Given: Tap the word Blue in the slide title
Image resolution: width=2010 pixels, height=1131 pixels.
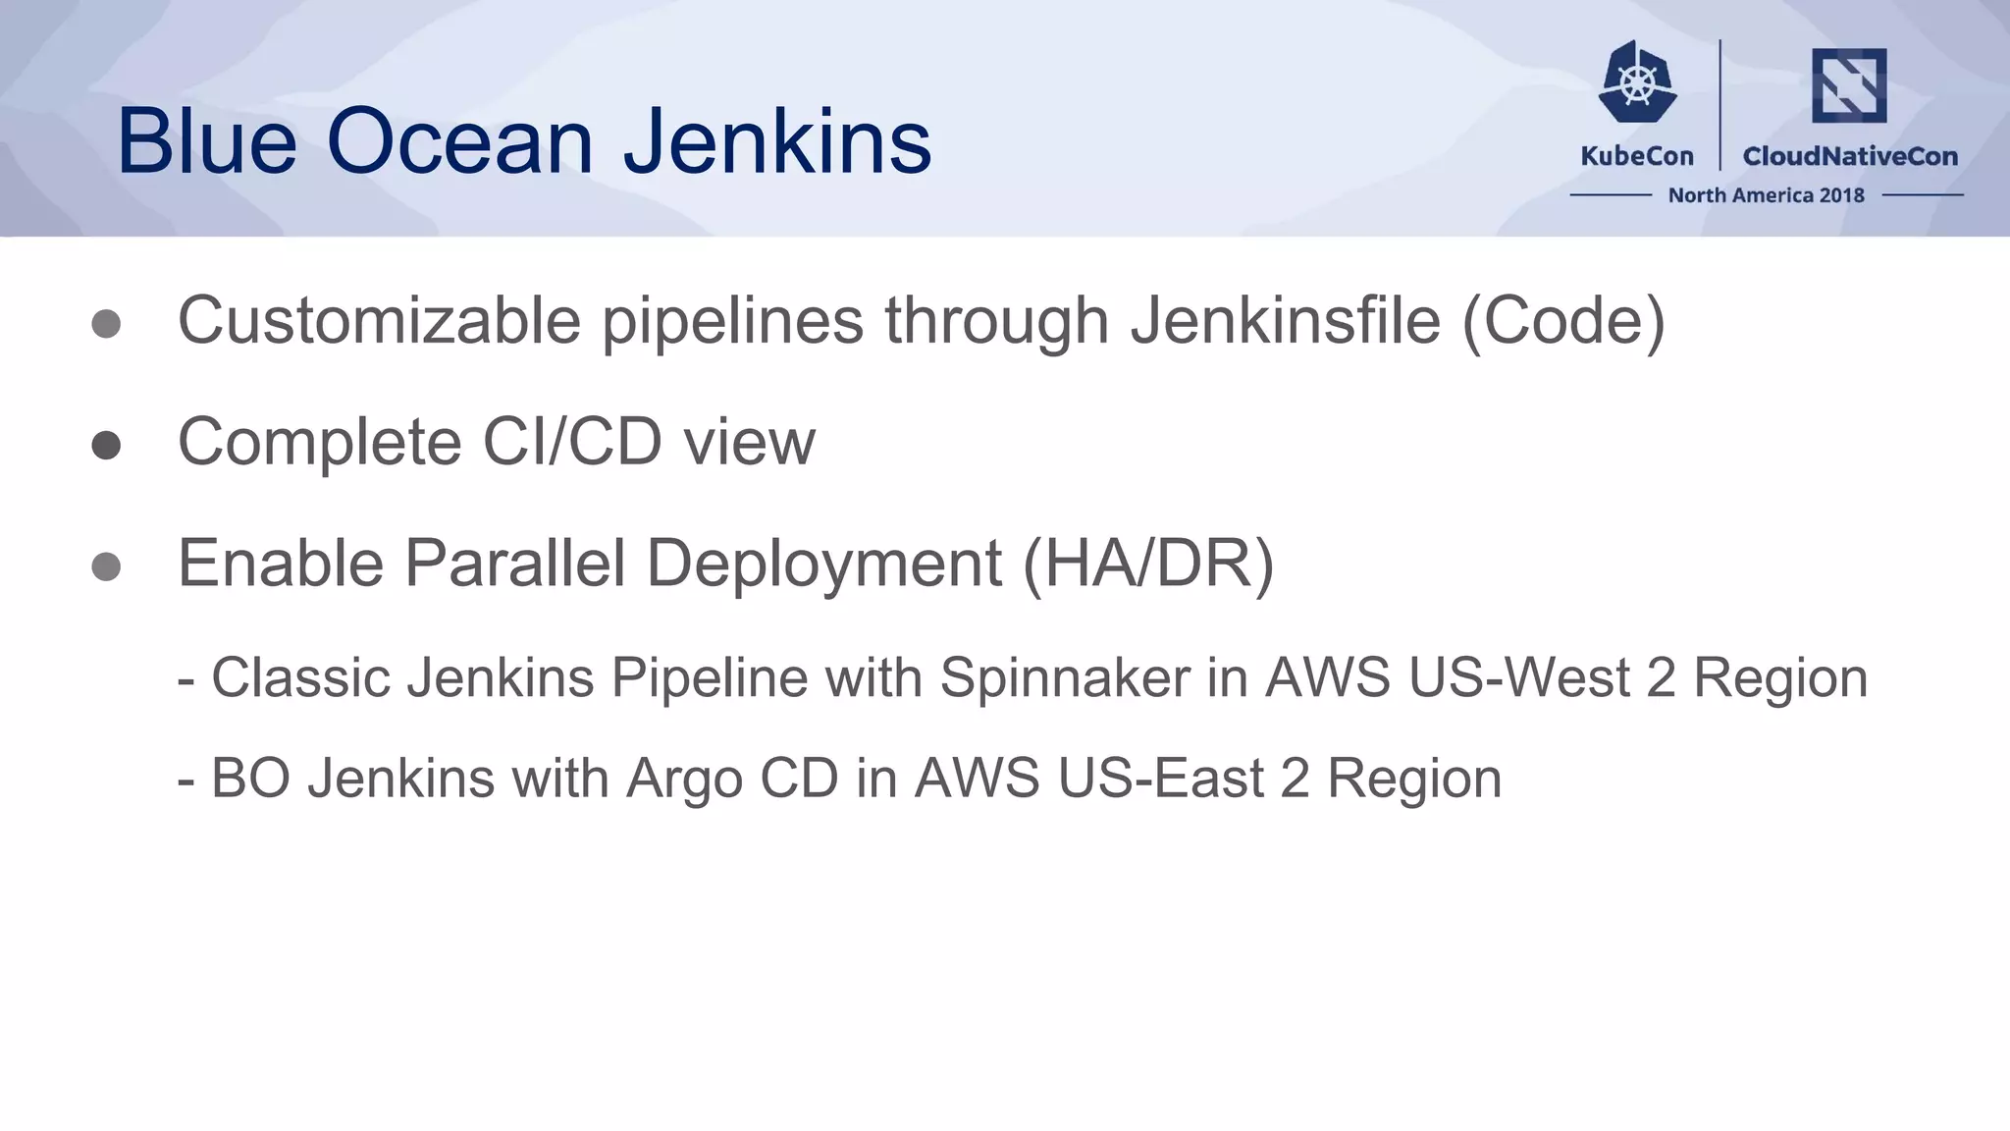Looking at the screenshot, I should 206,142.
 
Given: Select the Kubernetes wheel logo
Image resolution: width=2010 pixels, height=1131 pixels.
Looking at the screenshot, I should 1637,82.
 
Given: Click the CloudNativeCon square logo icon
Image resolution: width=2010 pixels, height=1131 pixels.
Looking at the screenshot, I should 1849,85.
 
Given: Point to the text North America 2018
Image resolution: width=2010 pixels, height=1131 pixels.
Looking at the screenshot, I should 1766,195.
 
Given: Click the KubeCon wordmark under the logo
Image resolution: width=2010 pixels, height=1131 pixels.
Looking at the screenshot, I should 1637,156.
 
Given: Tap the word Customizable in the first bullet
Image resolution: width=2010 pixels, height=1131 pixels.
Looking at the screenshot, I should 379,321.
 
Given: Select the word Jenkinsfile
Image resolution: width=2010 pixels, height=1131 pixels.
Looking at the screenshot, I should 1286,321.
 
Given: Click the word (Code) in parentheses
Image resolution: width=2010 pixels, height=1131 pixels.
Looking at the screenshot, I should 1563,321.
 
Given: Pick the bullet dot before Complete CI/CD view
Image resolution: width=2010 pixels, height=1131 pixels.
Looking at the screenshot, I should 106,446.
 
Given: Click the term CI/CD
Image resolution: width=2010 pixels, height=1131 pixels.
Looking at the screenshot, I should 572,442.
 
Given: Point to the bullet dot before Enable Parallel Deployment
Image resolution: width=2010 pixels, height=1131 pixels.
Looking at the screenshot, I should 106,566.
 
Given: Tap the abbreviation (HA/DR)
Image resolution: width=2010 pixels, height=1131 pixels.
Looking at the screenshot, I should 1148,564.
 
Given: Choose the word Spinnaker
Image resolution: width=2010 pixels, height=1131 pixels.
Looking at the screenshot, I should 1065,677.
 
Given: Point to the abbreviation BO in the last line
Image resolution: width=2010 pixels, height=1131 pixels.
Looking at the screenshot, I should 250,779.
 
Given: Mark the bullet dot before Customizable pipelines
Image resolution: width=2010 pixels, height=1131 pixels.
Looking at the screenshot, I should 106,325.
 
